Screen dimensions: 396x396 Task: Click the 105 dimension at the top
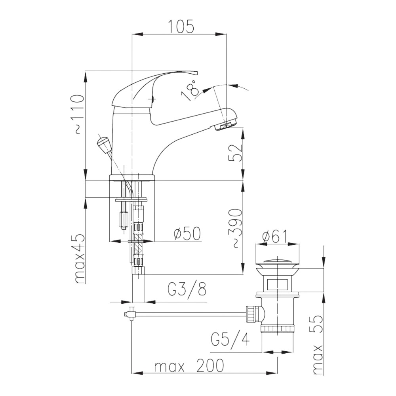click(181, 27)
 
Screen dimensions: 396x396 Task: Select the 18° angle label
click(189, 90)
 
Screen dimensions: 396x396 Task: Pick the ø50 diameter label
click(187, 234)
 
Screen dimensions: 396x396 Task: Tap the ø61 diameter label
click(276, 237)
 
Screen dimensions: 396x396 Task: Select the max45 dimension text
click(80, 258)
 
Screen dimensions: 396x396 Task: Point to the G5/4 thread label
click(230, 339)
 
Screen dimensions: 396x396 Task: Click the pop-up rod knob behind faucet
click(103, 145)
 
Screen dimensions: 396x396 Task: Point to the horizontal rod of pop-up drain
click(190, 314)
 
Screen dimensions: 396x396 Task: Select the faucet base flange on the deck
click(132, 177)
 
